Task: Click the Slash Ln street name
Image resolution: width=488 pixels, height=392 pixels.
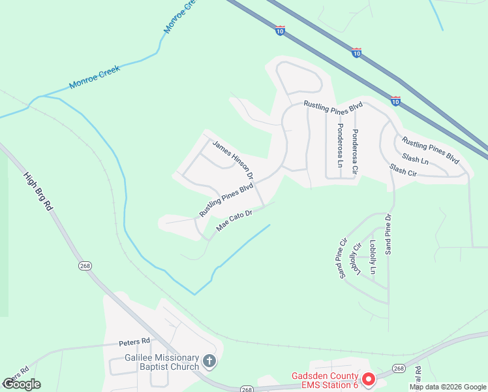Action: pos(416,158)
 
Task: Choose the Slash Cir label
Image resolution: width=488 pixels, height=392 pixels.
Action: pos(403,170)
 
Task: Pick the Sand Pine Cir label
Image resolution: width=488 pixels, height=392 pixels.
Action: pos(341,259)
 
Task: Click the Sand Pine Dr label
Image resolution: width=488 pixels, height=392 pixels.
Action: pos(388,234)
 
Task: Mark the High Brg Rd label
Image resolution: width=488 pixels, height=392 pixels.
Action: pos(38,190)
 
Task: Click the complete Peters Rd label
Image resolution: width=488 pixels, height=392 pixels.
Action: pos(134,341)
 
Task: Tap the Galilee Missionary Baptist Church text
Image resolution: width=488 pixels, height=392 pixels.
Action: pos(162,362)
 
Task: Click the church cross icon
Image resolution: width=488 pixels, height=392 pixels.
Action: pos(209,361)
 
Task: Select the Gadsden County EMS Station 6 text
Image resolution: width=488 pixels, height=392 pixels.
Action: pos(324,380)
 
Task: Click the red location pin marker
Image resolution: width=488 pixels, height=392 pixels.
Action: pos(368,379)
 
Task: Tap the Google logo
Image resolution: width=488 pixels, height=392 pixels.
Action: pos(22,384)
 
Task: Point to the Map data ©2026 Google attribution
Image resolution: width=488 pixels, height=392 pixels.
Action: pos(447,387)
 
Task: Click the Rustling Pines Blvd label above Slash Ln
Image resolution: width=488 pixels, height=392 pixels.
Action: pos(431,150)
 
